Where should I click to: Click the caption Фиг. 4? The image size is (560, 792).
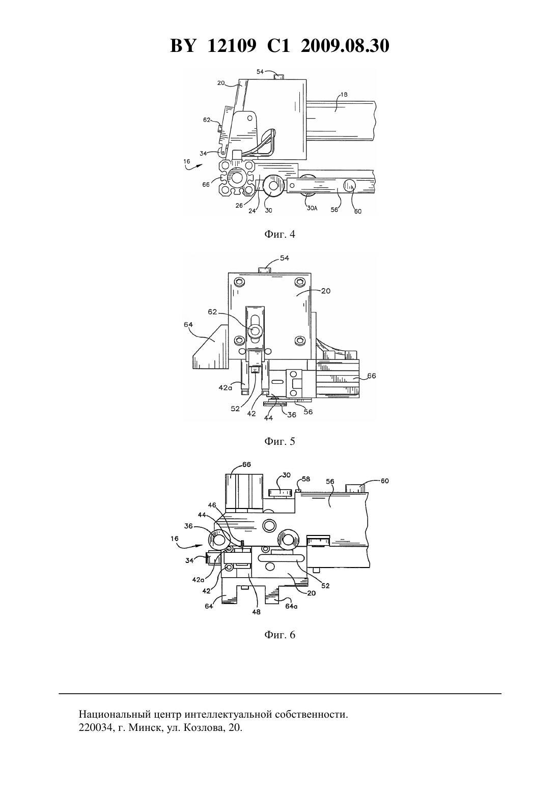279,234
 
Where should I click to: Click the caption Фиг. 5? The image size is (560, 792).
279,441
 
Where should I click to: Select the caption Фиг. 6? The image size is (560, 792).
279,635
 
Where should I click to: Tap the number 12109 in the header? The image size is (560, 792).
232,46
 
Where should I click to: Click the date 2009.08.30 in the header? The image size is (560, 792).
345,46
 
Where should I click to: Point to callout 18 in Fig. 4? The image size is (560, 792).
344,94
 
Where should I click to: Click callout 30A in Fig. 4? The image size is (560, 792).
312,208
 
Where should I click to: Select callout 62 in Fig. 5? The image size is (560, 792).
212,312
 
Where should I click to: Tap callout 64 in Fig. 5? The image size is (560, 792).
188,324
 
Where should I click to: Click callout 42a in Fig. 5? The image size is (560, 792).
225,387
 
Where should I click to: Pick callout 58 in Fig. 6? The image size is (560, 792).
306,479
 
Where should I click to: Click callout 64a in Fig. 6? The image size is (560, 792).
291,606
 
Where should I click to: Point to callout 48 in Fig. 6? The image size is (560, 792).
256,612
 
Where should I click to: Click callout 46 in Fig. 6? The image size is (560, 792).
212,505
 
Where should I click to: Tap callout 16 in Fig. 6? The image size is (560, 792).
174,539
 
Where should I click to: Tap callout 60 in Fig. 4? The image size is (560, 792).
358,211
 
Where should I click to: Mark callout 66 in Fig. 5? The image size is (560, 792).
372,376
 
